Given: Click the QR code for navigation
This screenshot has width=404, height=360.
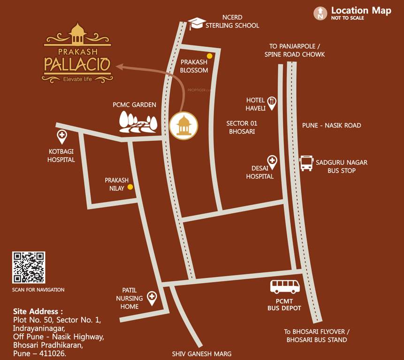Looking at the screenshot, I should pos(29,267).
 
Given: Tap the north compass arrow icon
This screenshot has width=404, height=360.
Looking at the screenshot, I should pos(320,13).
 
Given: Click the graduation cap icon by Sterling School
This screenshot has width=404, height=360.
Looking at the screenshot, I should pos(197,23).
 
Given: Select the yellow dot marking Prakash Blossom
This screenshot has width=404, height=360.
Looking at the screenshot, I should pos(210,56).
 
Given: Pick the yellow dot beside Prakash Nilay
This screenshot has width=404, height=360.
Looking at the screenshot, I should pos(130,187).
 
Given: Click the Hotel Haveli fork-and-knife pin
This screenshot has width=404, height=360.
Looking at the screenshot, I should pos(272,102).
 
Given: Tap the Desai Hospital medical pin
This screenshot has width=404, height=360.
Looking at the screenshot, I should pos(272,162).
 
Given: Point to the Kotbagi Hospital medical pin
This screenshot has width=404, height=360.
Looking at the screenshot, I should pos(61,137).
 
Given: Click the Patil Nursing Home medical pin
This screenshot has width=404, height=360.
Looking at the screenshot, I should pos(152,297).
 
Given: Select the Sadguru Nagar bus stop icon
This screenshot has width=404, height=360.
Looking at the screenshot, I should pos(306,163).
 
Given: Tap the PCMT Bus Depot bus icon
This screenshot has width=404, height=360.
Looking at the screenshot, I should pos(285,287).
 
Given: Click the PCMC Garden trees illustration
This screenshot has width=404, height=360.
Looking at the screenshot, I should pos(137,123).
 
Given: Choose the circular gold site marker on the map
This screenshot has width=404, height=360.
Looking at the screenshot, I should pos(184,126).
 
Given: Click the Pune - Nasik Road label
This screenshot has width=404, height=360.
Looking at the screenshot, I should pos(331,125).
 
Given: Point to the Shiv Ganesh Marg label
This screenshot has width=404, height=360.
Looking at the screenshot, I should pos(201,354).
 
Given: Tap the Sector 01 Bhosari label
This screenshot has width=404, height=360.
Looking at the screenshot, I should pos(242,127).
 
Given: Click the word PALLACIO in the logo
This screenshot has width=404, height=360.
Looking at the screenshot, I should pos(77,64).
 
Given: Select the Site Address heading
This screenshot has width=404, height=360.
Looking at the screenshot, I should pos(38,311).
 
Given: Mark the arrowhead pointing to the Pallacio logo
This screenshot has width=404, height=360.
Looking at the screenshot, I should pos(120,67).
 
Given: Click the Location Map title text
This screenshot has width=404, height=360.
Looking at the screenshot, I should pos(361,10).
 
